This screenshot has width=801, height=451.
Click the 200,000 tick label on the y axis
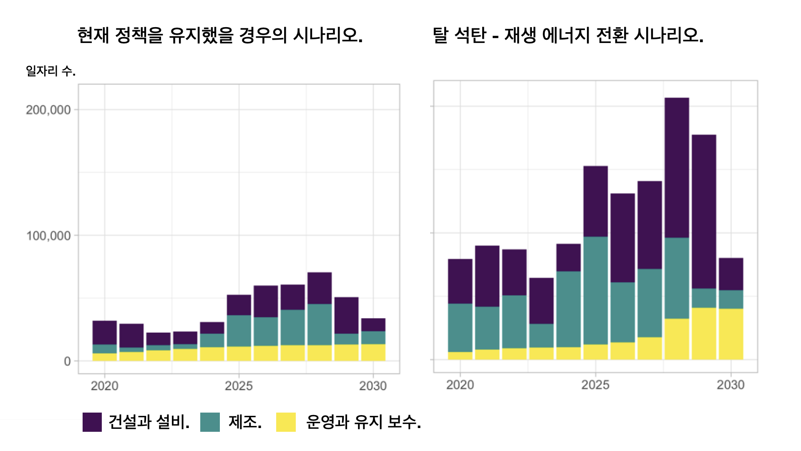[x=48, y=110]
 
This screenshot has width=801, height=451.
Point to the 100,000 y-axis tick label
[x=48, y=236]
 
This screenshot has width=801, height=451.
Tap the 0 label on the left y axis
[x=67, y=362]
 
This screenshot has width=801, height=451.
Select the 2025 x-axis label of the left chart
[x=239, y=385]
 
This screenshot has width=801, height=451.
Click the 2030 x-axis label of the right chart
[x=730, y=385]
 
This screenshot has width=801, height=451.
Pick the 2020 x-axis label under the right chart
[x=460, y=385]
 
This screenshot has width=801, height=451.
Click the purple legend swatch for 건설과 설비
[x=92, y=422]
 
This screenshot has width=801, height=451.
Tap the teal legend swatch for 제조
[x=210, y=422]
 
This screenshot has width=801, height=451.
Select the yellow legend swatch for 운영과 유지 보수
[x=286, y=422]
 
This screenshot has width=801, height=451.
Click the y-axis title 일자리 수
[x=50, y=71]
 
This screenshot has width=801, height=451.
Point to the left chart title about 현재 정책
[x=220, y=35]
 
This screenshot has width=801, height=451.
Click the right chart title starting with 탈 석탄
[x=568, y=35]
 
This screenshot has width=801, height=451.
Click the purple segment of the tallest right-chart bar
[x=677, y=167]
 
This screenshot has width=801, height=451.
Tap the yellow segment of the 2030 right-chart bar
[x=731, y=334]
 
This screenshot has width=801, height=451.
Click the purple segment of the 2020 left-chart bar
[x=105, y=332]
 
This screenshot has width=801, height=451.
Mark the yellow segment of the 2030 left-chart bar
[x=373, y=352]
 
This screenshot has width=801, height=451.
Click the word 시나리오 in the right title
[x=668, y=35]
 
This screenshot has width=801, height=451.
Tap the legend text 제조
[x=245, y=422]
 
